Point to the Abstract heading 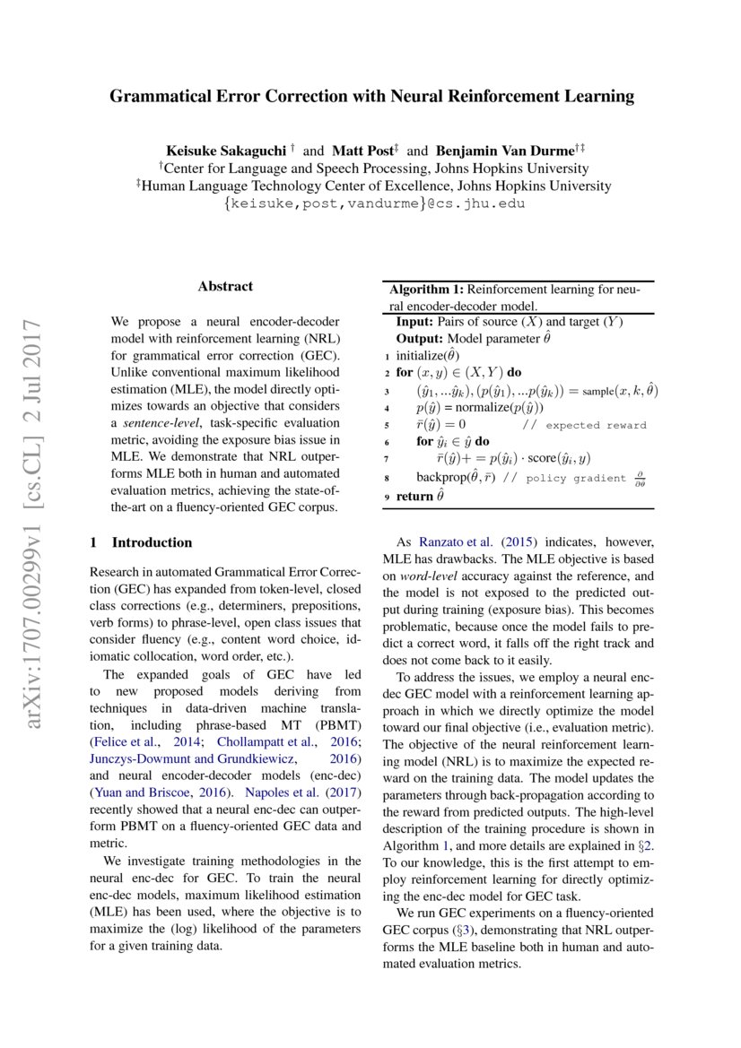coord(225,287)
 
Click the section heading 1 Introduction coord(142,542)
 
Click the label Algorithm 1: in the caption coord(426,290)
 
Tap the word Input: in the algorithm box coord(415,322)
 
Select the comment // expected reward coord(584,425)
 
